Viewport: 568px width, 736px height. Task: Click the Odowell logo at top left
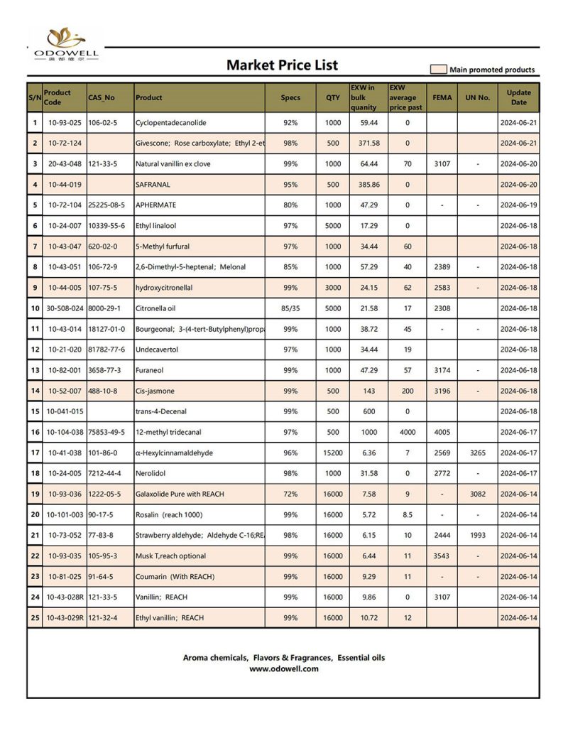tap(66, 44)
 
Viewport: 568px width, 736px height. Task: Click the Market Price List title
tap(282, 65)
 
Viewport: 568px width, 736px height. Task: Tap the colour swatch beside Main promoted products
tap(438, 70)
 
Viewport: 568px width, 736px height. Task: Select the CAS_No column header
tap(102, 98)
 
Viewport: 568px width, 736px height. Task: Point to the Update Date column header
tap(518, 98)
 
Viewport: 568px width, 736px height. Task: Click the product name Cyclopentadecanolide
tap(170, 123)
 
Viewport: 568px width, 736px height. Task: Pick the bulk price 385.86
tap(368, 185)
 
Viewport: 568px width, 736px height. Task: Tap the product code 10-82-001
tap(65, 370)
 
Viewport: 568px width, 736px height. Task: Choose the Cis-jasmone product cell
tap(155, 391)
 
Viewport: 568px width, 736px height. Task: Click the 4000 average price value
tap(407, 432)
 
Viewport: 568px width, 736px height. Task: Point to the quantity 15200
tap(332, 453)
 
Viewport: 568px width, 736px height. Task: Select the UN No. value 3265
tap(477, 453)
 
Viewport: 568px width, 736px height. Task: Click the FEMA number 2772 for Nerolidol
tap(441, 473)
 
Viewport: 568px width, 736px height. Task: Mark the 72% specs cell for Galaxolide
tap(290, 494)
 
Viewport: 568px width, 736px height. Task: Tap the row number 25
tap(35, 617)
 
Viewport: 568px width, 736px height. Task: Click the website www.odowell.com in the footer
tap(283, 669)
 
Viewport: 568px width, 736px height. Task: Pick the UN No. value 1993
tap(477, 535)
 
